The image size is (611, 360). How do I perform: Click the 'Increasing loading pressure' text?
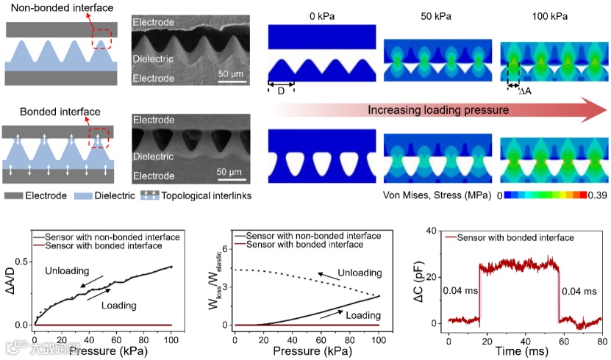(438, 110)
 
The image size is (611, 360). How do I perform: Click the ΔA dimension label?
(525, 91)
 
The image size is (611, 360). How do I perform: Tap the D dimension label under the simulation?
(282, 91)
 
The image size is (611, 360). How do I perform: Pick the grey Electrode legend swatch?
(14, 196)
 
